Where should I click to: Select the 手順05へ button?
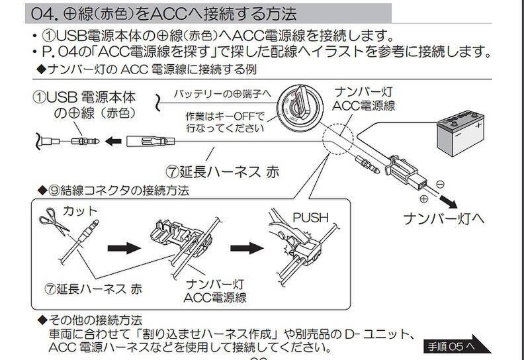(456, 345)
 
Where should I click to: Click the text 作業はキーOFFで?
(225, 117)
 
